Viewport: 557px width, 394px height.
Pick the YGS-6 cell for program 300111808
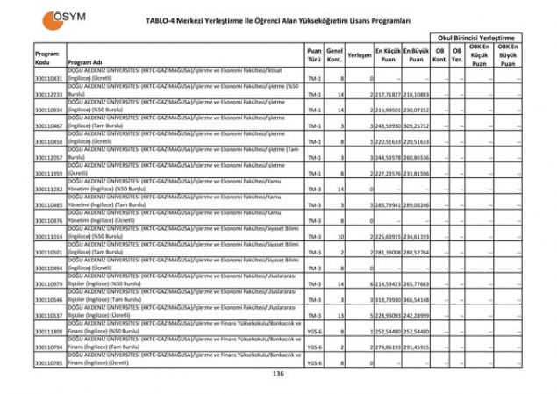(314, 332)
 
